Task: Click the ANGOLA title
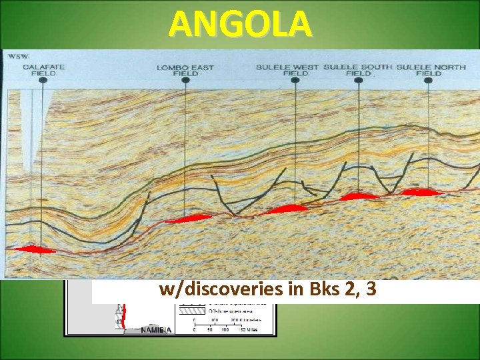pos(240,24)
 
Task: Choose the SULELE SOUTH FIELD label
pos(359,70)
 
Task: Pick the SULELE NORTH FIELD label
pos(429,70)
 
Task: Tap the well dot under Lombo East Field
pos(187,79)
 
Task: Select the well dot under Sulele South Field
pos(359,79)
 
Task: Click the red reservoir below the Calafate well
pos(35,249)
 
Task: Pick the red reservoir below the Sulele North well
pos(421,192)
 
